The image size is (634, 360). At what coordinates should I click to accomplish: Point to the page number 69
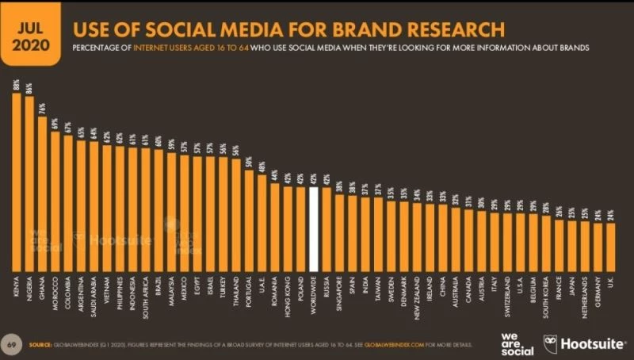12,345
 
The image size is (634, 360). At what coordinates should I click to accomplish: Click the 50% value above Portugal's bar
250,162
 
